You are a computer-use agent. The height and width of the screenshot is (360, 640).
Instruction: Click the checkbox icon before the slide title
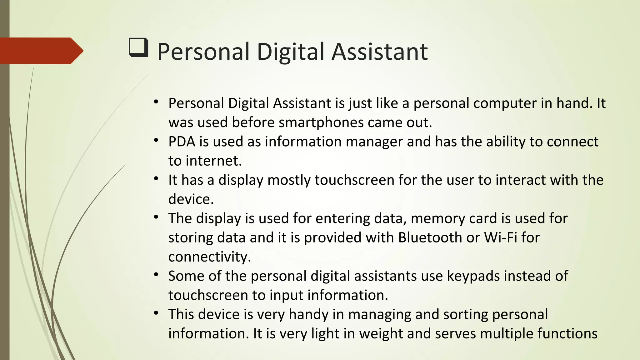coord(138,47)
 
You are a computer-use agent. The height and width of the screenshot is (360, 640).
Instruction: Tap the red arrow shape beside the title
coord(41,51)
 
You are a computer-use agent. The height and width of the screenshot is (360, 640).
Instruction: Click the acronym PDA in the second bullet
coord(182,142)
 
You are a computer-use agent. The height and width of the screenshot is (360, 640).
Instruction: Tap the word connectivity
coord(209,257)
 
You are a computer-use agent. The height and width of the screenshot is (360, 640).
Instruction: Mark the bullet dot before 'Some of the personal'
coord(156,275)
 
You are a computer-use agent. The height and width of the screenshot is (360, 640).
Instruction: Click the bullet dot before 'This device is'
coord(156,313)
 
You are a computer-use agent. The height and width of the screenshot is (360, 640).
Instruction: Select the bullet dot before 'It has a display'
coord(156,179)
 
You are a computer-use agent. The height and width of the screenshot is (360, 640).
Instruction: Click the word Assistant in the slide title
coord(379,52)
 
